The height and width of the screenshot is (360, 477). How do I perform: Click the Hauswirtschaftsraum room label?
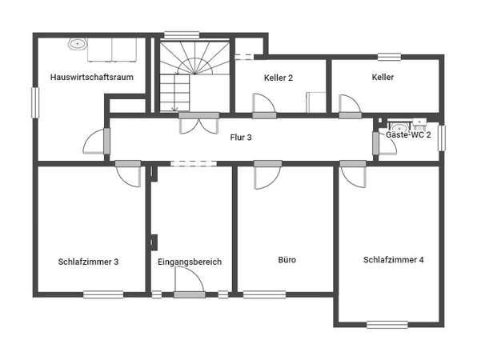91,78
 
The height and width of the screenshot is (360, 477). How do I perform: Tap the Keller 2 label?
279,78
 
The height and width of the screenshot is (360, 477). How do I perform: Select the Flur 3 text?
241,138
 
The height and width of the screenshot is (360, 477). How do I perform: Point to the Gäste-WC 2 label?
408,134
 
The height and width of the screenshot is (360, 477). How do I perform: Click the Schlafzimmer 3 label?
88,262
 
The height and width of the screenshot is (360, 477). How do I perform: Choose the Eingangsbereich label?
190,262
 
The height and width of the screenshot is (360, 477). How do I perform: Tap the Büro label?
287,260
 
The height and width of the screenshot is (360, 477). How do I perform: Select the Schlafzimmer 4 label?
393,260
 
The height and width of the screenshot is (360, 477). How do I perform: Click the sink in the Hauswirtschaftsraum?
78,44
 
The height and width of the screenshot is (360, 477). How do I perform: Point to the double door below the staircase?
198,123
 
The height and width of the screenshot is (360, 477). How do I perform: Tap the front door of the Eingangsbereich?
189,282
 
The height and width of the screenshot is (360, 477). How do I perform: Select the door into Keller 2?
264,106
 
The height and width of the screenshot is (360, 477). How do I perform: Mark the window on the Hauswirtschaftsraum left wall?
35,102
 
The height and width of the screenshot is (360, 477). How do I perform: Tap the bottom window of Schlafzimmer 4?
387,325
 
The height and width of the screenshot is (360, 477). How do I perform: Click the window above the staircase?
182,35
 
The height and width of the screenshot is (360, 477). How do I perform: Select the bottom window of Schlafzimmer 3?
103,294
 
